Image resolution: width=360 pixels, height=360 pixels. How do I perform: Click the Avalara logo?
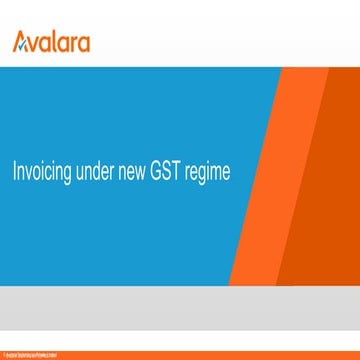tap(51, 42)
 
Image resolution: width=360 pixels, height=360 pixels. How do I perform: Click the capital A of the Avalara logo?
tap(20, 42)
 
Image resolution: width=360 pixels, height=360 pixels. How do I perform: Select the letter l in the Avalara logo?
tap(58, 42)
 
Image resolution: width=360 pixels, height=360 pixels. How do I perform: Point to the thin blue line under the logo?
tap(180, 64)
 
